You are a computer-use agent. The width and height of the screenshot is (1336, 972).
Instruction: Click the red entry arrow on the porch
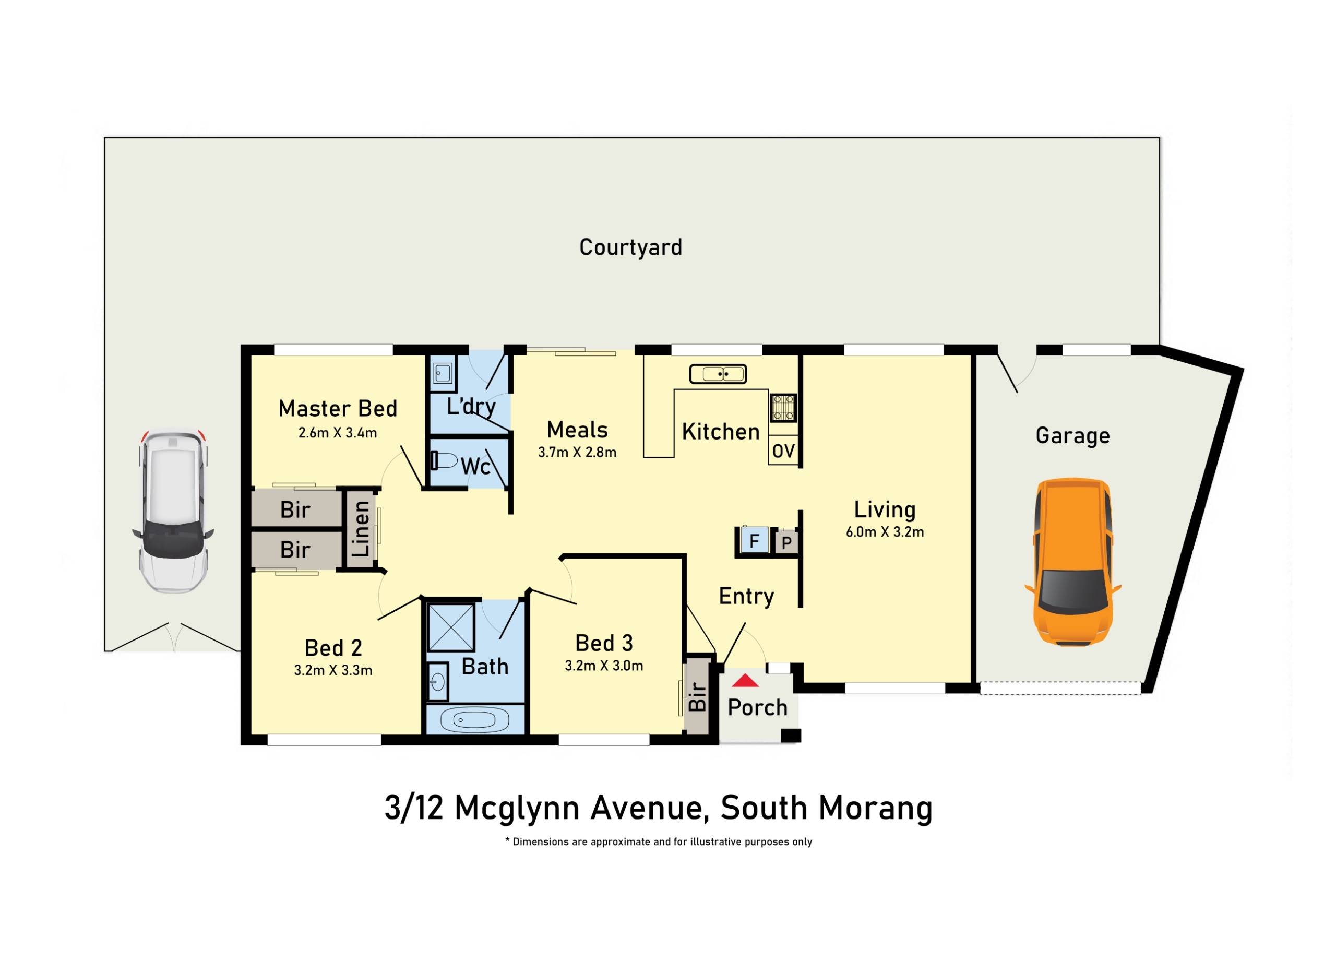point(745,681)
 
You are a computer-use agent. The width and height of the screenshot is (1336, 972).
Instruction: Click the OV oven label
point(783,451)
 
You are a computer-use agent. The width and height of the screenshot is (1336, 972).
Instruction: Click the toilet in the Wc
point(445,460)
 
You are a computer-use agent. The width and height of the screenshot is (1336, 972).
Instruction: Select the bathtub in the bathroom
point(475,720)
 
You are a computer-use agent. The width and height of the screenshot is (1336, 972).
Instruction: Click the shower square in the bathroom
point(450,627)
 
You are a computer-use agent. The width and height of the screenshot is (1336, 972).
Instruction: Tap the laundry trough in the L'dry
point(443,372)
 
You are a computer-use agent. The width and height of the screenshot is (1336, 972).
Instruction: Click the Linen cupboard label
point(361,528)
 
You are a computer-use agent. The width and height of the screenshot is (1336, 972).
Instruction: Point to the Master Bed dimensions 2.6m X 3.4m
point(338,433)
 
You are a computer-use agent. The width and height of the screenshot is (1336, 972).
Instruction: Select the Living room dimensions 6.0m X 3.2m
point(885,532)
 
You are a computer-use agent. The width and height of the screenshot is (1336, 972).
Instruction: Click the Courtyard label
point(630,247)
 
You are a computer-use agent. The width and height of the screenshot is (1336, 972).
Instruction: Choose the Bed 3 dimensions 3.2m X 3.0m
point(604,666)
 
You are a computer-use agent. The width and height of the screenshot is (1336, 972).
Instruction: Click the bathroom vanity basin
point(438,682)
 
